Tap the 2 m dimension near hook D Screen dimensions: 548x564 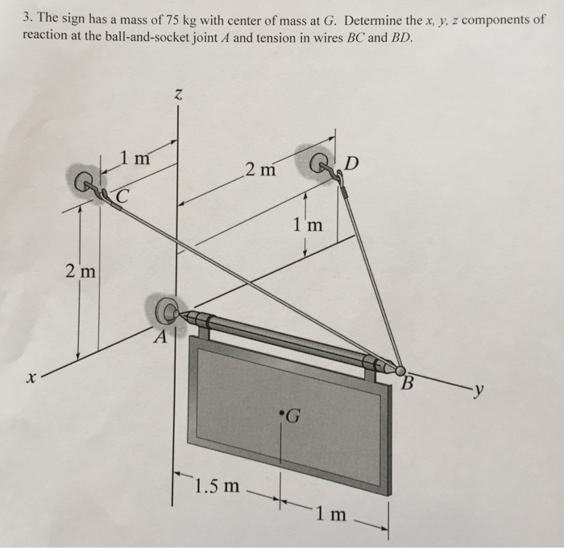(x=261, y=170)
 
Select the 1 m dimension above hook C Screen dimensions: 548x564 (x=135, y=158)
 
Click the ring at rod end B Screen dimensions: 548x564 (x=400, y=370)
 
